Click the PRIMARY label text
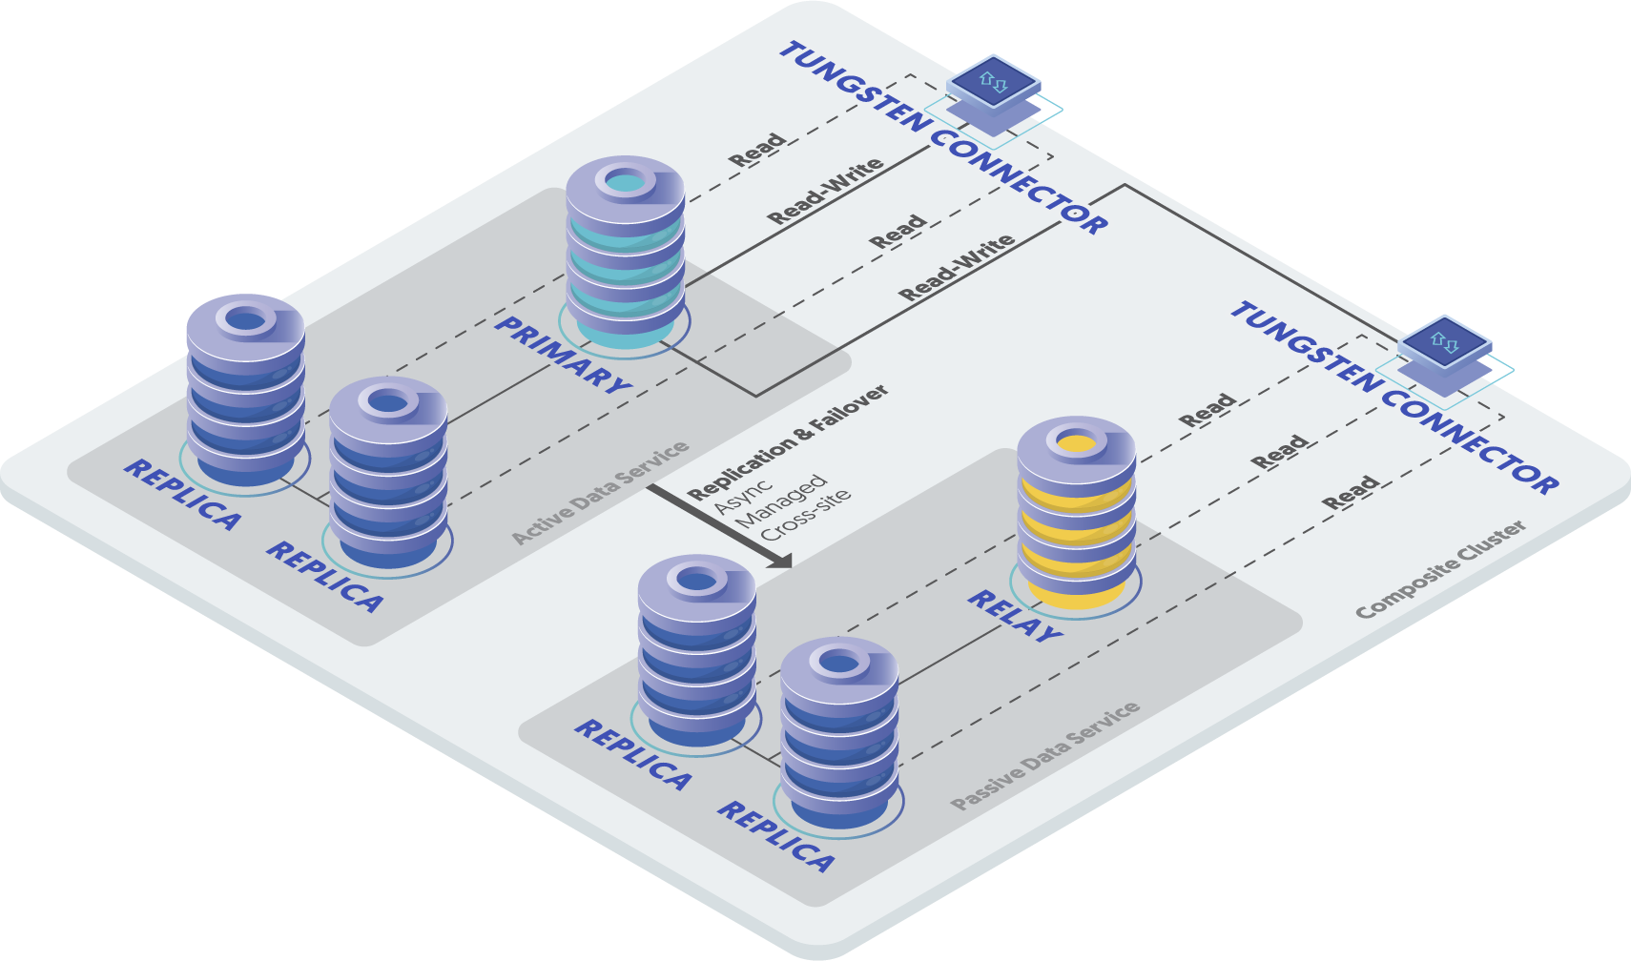(564, 356)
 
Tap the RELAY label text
(1014, 616)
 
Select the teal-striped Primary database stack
(625, 252)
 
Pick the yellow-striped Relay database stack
(1076, 513)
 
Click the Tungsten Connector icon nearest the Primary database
(993, 95)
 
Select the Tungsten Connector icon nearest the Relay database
(1445, 357)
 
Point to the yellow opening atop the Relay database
(1076, 443)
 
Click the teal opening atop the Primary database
(625, 183)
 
